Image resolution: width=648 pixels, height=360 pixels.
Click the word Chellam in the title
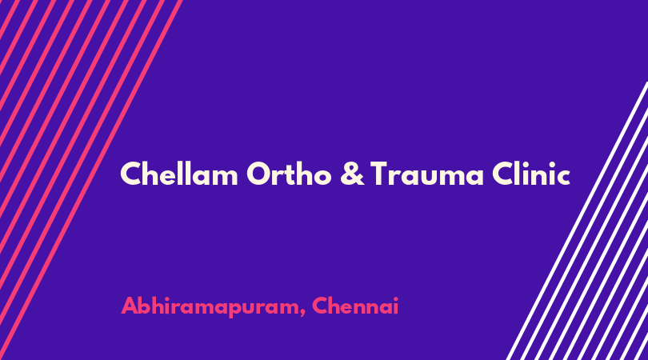(x=179, y=173)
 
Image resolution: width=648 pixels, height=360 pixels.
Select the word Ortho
(x=289, y=173)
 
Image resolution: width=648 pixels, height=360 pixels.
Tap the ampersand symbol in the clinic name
(x=353, y=174)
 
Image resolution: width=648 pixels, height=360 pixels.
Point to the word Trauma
(x=426, y=174)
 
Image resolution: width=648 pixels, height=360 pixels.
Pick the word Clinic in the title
(x=531, y=173)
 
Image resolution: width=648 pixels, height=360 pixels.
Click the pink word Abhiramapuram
(x=210, y=307)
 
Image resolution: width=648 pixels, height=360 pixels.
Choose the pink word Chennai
(x=355, y=306)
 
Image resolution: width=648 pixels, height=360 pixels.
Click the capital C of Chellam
(x=130, y=174)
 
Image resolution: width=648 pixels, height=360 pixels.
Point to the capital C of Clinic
(x=502, y=174)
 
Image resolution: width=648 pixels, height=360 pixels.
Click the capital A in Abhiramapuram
(x=130, y=306)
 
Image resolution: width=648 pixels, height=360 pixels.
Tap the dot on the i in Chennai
(x=395, y=298)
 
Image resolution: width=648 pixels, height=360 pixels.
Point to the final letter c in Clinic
(x=563, y=178)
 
